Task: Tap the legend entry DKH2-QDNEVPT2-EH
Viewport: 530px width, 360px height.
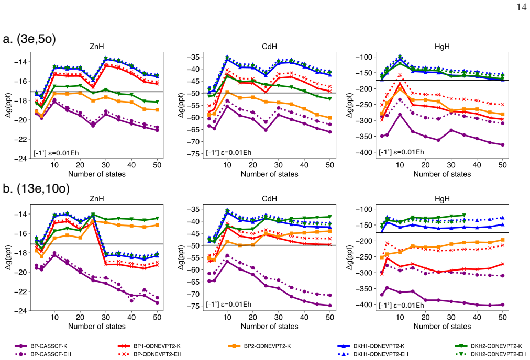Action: click(490, 354)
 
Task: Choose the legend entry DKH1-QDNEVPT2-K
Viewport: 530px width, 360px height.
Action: click(371, 346)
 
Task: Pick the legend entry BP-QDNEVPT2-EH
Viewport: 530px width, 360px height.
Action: click(150, 354)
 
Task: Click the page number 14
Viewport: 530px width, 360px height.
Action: click(522, 7)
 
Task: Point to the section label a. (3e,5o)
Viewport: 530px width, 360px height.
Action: click(29, 39)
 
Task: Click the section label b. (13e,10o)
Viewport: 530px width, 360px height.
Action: click(36, 188)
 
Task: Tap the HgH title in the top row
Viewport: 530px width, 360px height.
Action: click(442, 47)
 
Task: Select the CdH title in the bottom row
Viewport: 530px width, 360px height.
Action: click(269, 199)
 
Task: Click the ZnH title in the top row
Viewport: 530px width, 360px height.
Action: click(97, 47)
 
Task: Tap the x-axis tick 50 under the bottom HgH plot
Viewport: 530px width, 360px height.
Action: click(503, 317)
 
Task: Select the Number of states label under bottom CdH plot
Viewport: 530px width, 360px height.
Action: click(269, 326)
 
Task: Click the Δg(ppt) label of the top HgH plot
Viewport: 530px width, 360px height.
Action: click(349, 105)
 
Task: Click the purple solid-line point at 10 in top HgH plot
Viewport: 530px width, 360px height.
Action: click(400, 115)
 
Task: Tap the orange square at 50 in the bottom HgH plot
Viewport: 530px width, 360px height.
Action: click(503, 240)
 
